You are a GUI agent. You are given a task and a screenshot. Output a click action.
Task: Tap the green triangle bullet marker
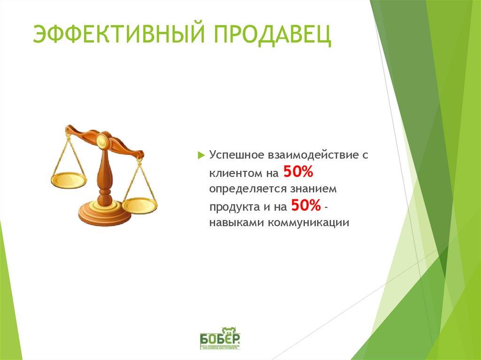(x=201, y=155)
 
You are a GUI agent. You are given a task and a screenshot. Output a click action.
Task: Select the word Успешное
(x=236, y=155)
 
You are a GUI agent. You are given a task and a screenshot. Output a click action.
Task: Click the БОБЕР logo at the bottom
(x=220, y=338)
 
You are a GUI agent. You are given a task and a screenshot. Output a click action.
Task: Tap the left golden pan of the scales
(x=69, y=180)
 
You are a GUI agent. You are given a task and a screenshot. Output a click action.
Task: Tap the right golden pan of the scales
(x=140, y=205)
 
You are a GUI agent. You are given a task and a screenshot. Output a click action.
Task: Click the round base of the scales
(x=104, y=214)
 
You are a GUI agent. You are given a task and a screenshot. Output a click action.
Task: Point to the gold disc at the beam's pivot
(x=101, y=139)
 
